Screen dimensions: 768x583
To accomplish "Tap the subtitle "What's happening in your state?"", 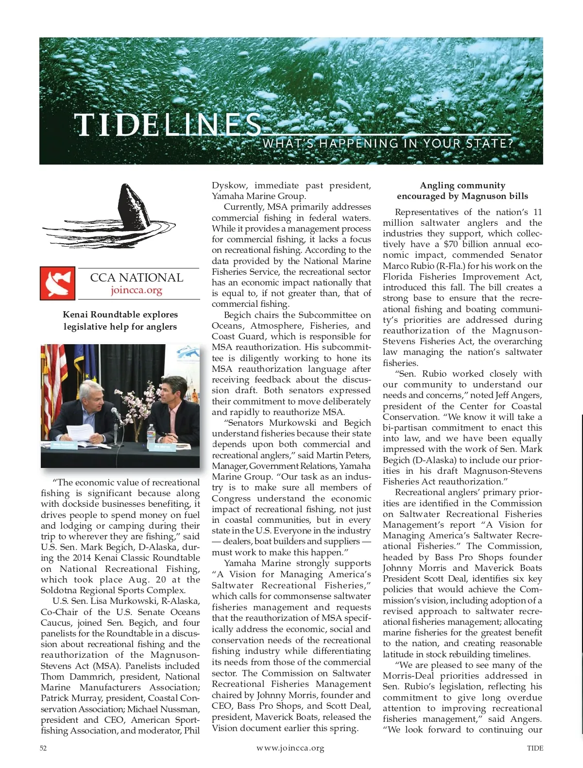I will pyautogui.click(x=388, y=144).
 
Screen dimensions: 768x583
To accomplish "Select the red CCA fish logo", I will pyautogui.click(x=57, y=283).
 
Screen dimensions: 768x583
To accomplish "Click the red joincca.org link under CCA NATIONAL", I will pyautogui.click(x=136, y=290).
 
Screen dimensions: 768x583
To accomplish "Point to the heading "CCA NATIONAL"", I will pyautogui.click(x=137, y=278).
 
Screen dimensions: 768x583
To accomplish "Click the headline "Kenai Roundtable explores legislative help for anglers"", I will pyautogui.click(x=120, y=320).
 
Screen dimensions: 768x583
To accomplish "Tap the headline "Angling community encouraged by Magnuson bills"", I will pyautogui.click(x=462, y=191).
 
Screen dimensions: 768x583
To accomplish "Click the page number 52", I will pyautogui.click(x=43, y=748).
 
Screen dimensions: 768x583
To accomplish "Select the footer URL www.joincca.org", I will pyautogui.click(x=290, y=748).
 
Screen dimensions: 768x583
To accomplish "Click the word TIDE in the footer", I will pyautogui.click(x=535, y=748).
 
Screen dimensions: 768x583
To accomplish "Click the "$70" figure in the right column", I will pyautogui.click(x=450, y=244).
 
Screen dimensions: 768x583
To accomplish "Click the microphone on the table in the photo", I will pyautogui.click(x=117, y=416).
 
